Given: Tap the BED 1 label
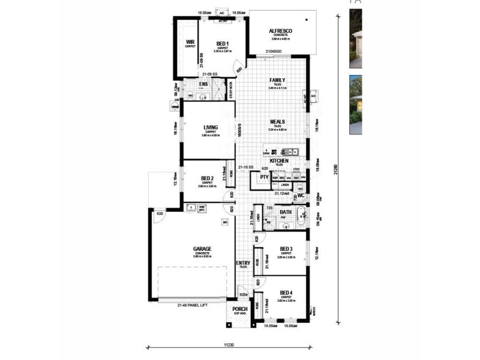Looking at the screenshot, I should pos(222,44).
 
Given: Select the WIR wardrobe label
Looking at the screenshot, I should pos(190,42).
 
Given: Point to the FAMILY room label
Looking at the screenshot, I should pos(277,80).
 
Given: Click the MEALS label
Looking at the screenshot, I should pos(277,121).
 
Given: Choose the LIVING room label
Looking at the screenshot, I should pos(211,127).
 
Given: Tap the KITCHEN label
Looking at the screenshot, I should pos(280,161).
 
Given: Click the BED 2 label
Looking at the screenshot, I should pos(208,178).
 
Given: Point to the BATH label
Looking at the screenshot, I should pos(285,212).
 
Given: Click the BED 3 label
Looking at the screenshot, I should pos(286,249).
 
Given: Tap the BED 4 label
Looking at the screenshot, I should pos(286,293).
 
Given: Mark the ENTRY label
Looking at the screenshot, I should pos(243,263).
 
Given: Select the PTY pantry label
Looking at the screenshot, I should pos(263,178).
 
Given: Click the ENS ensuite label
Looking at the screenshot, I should pos(203,84).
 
